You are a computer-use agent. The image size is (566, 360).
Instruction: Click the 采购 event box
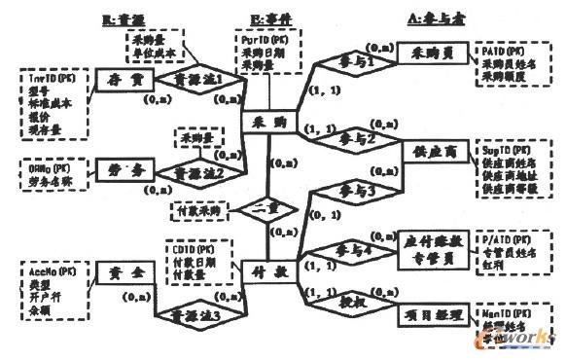click(265, 125)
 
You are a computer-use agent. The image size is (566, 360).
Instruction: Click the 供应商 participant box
click(432, 152)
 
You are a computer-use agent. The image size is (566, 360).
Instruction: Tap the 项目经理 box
click(430, 313)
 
